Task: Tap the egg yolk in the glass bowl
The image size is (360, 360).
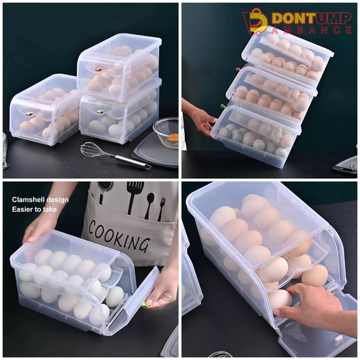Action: tap(172, 137)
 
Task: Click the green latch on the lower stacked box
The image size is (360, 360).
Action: tap(100, 112)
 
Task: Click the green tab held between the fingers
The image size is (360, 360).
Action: tap(145, 304)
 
